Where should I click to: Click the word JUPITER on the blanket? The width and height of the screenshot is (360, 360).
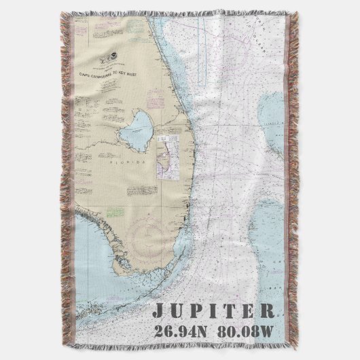(x=212, y=312)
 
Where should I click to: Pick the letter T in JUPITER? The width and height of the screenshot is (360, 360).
(x=232, y=312)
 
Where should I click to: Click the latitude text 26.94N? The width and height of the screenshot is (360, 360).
(x=177, y=334)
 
